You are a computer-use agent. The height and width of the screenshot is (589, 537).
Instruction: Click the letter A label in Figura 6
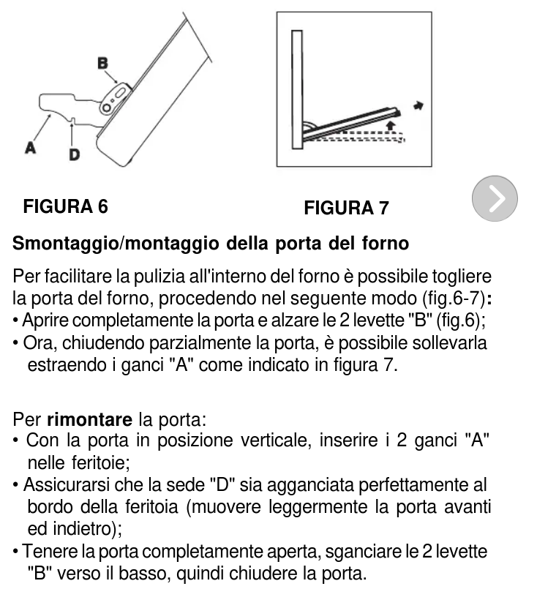click(31, 147)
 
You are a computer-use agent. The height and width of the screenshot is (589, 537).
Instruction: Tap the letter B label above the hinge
click(103, 64)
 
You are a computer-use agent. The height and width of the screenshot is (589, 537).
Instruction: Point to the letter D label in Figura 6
click(75, 154)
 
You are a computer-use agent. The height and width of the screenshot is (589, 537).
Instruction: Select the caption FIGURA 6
click(66, 206)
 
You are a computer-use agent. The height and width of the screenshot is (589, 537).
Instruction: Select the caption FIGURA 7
click(346, 209)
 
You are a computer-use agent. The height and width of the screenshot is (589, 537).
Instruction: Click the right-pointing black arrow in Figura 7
click(418, 105)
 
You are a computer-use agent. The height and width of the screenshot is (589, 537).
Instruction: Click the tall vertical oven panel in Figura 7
click(296, 89)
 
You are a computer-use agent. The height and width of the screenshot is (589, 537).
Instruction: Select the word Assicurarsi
click(66, 485)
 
